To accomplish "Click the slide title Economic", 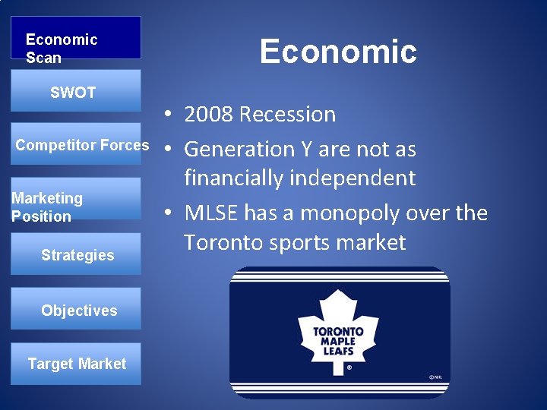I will tap(338, 52).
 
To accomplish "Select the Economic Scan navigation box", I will tap(75, 38).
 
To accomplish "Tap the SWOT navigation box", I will tap(75, 92).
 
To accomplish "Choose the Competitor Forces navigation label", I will tap(82, 145).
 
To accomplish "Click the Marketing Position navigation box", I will tap(75, 207).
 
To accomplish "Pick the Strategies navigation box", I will tap(77, 255).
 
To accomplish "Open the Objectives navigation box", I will tap(77, 310).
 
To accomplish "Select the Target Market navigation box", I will tap(77, 364).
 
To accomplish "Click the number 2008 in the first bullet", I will tap(208, 115).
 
